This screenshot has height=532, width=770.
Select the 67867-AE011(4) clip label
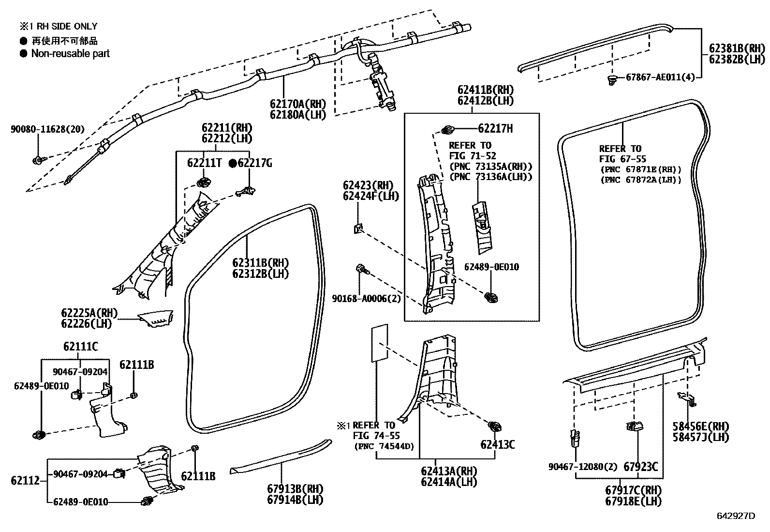(660, 77)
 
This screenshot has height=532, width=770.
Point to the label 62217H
(495, 129)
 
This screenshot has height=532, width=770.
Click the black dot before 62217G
(233, 164)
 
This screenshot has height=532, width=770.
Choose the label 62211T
(205, 164)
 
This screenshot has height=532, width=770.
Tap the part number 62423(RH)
(369, 185)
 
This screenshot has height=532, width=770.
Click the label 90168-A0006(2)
(366, 299)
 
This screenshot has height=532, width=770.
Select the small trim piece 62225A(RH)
(156, 319)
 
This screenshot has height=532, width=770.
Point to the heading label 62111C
(80, 347)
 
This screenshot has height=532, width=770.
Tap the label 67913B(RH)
(295, 489)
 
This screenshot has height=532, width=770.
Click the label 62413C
(497, 444)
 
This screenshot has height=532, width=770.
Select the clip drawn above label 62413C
(495, 427)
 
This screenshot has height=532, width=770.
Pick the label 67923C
(640, 467)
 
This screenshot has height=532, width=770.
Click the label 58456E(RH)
(697, 426)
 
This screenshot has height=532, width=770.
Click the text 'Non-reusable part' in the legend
(71, 54)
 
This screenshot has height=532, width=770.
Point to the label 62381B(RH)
(737, 48)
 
